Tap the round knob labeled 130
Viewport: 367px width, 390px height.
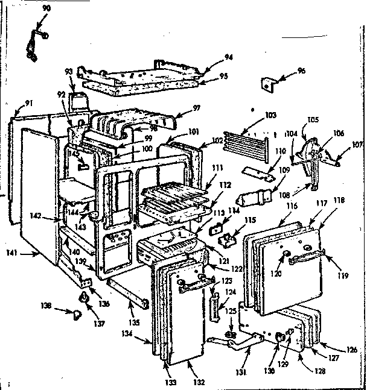click(x=281, y=337)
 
